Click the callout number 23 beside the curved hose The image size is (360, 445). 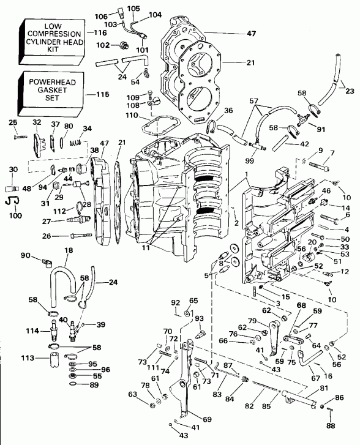tap(350, 91)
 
